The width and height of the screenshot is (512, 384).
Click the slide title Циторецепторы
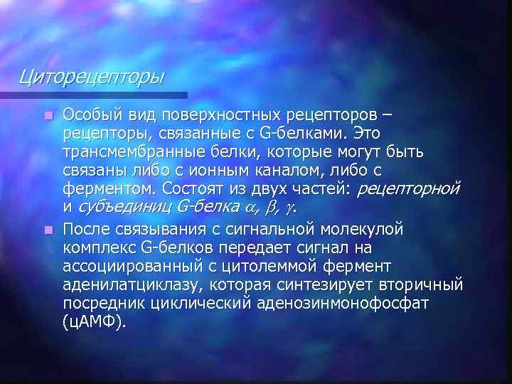click(92, 75)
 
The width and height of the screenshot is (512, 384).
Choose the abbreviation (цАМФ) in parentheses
click(94, 323)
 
